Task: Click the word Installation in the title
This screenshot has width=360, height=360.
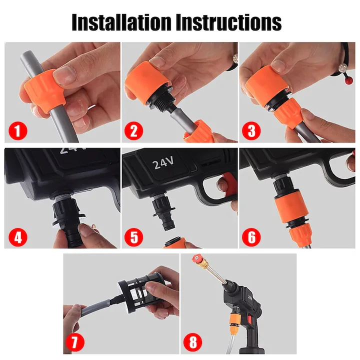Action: coord(121,22)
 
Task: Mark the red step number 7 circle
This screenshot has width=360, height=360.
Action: coord(75,342)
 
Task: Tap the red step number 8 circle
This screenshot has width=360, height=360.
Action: coord(193,342)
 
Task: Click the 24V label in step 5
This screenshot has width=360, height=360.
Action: coord(163,163)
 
